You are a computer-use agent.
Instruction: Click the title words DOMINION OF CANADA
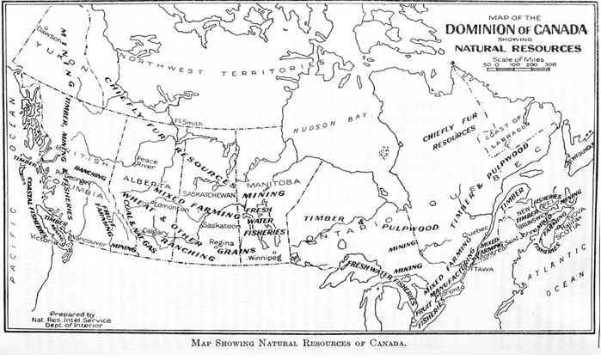(516, 29)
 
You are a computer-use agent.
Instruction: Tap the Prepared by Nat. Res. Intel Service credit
(80, 320)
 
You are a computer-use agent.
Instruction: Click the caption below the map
(300, 346)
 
